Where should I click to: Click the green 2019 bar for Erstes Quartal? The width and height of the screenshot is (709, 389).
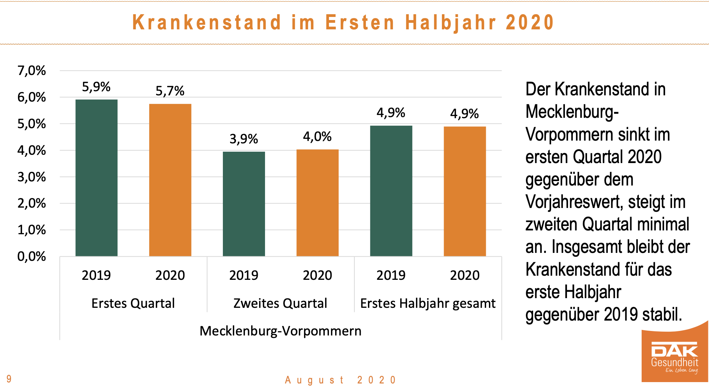[x=96, y=178]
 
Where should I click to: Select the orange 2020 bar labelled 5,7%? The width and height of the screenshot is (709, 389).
[x=170, y=180]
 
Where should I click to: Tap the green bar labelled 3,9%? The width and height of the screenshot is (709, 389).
[x=244, y=204]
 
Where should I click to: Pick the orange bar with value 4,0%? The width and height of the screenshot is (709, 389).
[x=317, y=203]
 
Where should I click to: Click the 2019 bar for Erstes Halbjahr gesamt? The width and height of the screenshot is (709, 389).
[x=391, y=191]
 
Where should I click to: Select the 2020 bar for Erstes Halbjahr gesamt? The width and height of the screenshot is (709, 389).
[x=465, y=191]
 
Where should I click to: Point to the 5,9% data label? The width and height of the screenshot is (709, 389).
[x=96, y=87]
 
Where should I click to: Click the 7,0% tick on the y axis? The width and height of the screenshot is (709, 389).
[x=31, y=71]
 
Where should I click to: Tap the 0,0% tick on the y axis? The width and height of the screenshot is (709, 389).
[x=31, y=256]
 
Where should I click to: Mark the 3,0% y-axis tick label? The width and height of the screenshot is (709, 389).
[x=31, y=177]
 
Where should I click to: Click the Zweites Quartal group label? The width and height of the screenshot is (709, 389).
[x=280, y=303]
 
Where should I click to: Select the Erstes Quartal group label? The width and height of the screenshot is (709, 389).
[x=133, y=303]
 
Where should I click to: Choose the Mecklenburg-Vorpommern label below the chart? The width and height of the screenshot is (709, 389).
[x=281, y=331]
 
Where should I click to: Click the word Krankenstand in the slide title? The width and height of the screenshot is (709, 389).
[x=207, y=22]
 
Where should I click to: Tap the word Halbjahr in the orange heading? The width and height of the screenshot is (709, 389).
[x=451, y=22]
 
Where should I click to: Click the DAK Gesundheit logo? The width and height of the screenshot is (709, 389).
[x=674, y=358]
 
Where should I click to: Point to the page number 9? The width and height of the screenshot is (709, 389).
[x=9, y=379]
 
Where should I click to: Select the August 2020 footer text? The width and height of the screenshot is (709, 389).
[x=340, y=380]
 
